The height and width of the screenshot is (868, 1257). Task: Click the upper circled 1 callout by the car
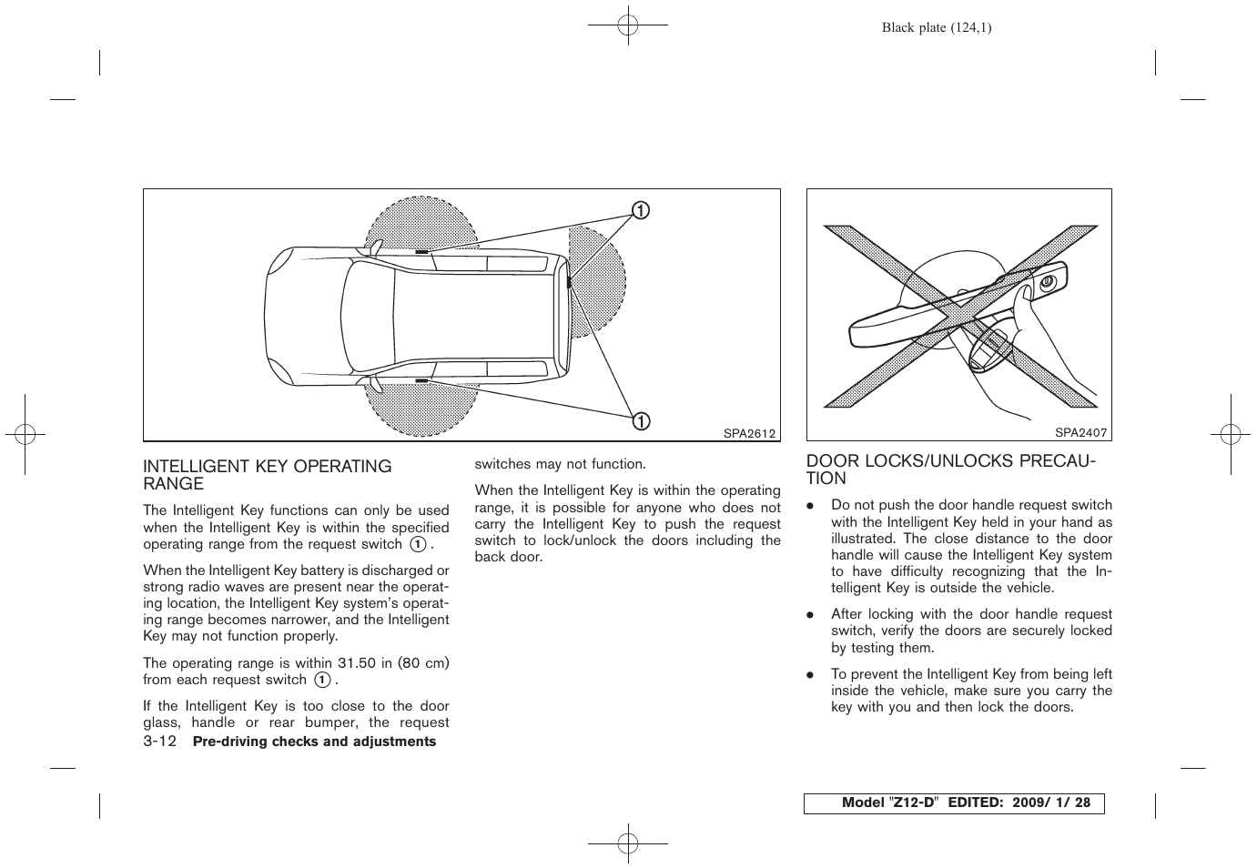[x=641, y=211]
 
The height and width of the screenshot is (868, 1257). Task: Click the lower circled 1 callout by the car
[x=641, y=420]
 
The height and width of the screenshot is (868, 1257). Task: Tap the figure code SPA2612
[x=749, y=434]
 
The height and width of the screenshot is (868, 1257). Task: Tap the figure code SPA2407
[x=1080, y=434]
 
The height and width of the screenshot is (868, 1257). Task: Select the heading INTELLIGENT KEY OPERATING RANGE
[x=267, y=475]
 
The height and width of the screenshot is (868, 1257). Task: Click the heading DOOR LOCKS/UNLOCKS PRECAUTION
[x=951, y=469]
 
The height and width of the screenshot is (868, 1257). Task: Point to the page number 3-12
[x=159, y=742]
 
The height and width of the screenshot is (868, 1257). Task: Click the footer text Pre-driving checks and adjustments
[x=315, y=742]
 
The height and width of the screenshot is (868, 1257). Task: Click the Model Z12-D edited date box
[x=953, y=803]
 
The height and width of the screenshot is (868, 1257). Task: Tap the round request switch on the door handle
[x=1046, y=283]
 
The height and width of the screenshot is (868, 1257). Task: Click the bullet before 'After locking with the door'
[x=808, y=615]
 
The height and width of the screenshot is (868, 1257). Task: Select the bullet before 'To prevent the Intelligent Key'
[x=808, y=675]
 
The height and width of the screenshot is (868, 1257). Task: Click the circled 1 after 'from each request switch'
[x=322, y=680]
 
